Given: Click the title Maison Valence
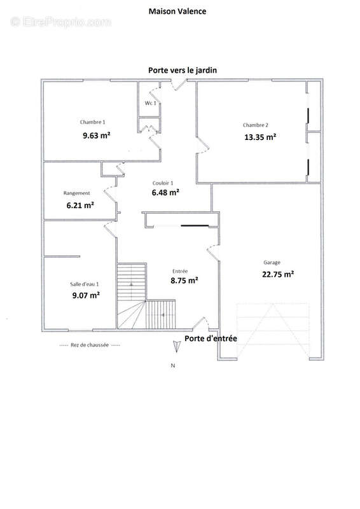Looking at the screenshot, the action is [x=177, y=11].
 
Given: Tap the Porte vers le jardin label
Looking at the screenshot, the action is [x=183, y=70].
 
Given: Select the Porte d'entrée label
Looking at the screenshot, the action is [x=211, y=338].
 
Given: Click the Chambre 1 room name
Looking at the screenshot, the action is [x=92, y=122].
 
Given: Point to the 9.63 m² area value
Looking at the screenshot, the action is [x=97, y=135].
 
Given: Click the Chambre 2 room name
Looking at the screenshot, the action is [x=256, y=125].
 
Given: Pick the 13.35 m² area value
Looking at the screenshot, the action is [x=260, y=137].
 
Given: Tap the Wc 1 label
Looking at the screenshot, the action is [x=150, y=103].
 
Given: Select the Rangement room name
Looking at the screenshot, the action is [x=76, y=193].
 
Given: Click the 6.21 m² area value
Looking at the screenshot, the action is [x=80, y=205].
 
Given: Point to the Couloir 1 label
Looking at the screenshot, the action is [x=163, y=183].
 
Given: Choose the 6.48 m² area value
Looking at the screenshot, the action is [x=165, y=192].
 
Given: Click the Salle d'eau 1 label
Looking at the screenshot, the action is [x=85, y=284].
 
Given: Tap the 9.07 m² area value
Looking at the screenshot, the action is [x=86, y=295].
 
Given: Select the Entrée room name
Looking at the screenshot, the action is [x=180, y=271].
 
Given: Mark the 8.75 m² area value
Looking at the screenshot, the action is [x=184, y=280].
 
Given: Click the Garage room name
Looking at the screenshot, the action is [x=272, y=263].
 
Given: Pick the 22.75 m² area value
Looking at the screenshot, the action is [x=278, y=274].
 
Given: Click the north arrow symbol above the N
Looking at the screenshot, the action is [x=176, y=347].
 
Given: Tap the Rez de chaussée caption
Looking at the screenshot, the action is [x=90, y=345].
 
